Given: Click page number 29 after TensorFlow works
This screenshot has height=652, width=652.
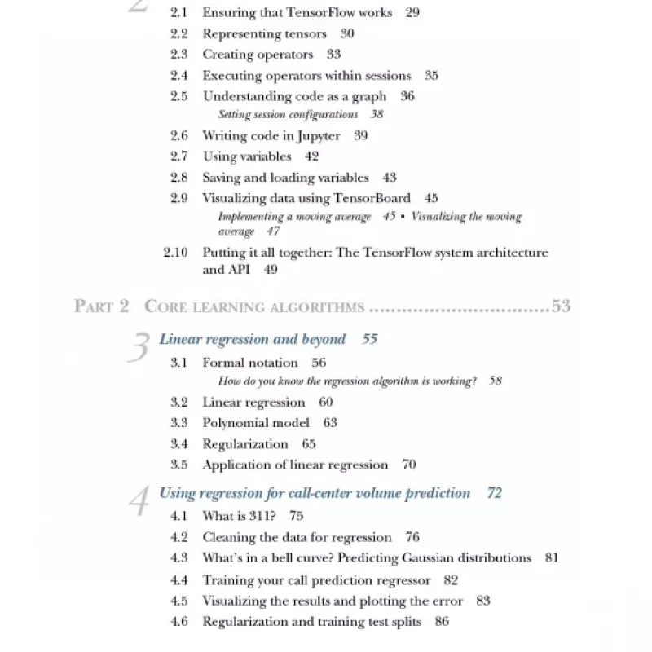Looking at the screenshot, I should coord(412,12).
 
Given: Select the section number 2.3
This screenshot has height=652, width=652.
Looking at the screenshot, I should coord(179,55).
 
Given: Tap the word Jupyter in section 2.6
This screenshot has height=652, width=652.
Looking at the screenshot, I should coord(316,136).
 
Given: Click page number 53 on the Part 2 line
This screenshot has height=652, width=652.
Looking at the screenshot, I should coord(561,306).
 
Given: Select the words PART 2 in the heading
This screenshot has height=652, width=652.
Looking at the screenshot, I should coord(101,306).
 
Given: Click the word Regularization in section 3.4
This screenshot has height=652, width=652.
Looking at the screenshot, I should coord(245,444).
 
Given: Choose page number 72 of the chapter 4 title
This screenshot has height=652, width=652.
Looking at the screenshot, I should coord(494,493).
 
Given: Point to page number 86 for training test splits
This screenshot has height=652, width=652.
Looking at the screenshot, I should coord(442,622).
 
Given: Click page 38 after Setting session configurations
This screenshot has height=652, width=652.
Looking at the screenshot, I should coord(377,115).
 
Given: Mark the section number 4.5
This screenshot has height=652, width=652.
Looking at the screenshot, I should coord(179,601).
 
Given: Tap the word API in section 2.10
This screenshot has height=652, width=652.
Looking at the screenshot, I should coord(237,270).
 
